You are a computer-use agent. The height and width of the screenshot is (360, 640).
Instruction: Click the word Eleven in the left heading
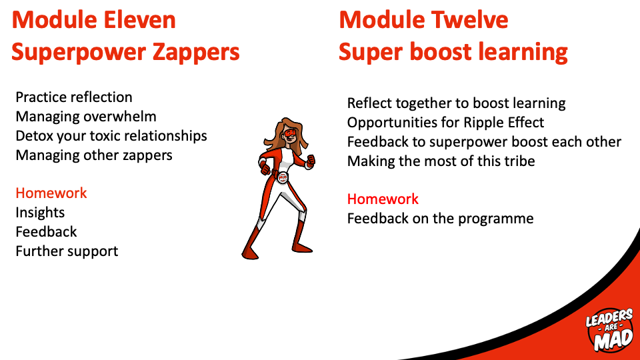tap(139, 19)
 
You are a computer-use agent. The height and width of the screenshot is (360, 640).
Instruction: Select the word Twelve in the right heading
tap(469, 19)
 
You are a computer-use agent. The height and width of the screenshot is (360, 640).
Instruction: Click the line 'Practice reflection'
tap(74, 97)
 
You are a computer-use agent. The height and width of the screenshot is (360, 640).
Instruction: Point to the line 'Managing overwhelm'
tap(86, 117)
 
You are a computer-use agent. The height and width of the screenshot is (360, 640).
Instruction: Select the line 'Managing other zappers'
tap(94, 155)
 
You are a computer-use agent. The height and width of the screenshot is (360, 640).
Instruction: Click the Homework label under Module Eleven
tap(51, 193)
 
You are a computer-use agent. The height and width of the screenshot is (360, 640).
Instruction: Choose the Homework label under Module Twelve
tap(383, 199)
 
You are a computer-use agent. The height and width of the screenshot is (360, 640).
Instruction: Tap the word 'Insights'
tap(40, 213)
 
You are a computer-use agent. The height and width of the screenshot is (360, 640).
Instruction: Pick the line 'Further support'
tap(67, 251)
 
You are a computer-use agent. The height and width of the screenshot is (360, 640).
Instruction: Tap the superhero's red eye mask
tap(290, 133)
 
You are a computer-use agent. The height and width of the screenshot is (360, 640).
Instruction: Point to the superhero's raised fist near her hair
tap(311, 160)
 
